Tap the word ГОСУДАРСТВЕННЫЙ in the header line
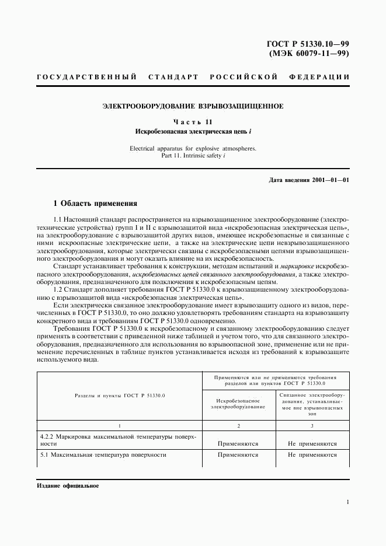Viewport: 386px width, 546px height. pyautogui.click(x=86, y=77)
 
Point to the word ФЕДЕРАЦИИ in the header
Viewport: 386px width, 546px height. pyautogui.click(x=319, y=77)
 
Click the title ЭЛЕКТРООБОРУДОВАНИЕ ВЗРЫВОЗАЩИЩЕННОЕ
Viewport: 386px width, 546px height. pyautogui.click(x=193, y=106)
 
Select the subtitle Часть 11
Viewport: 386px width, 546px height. pyautogui.click(x=193, y=122)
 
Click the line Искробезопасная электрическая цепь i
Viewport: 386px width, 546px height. pyautogui.click(x=193, y=131)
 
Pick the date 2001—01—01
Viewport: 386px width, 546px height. pyautogui.click(x=329, y=180)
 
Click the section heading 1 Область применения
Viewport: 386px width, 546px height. pyautogui.click(x=95, y=204)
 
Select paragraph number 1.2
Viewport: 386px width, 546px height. pyautogui.click(x=58, y=289)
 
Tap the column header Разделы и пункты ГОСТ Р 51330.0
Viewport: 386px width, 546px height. pyautogui.click(x=120, y=395)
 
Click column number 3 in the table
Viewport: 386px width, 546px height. pyautogui.click(x=312, y=426)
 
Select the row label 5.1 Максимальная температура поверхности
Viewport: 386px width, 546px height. pyautogui.click(x=103, y=454)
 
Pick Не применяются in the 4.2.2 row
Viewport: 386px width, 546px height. pyautogui.click(x=312, y=443)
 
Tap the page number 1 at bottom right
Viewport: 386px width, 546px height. pyautogui.click(x=347, y=502)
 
